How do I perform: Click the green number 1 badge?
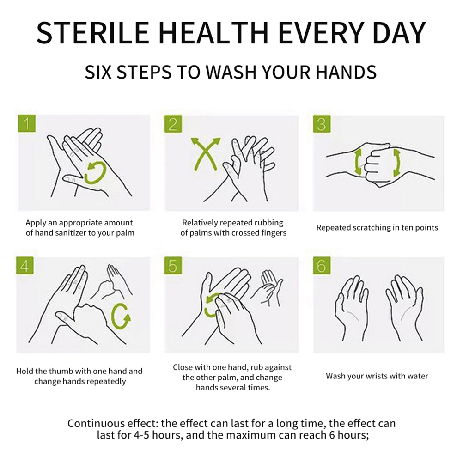click(x=27, y=123)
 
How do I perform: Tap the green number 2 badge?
click(x=173, y=124)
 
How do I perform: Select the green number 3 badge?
click(x=322, y=124)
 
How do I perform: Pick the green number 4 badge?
click(x=25, y=265)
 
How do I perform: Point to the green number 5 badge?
click(x=173, y=265)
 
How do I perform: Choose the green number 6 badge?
click(x=322, y=265)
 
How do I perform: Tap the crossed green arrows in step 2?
click(x=206, y=154)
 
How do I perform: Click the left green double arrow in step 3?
click(x=358, y=162)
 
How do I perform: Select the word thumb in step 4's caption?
click(x=61, y=371)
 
